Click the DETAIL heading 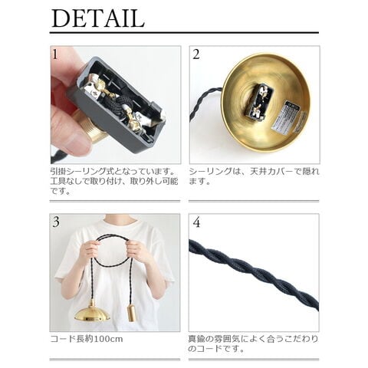click(98, 18)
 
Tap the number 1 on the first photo click(55, 54)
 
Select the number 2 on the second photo click(196, 54)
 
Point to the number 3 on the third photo click(56, 222)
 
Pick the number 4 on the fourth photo click(196, 223)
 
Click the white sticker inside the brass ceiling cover click(286, 118)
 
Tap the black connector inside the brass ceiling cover click(261, 103)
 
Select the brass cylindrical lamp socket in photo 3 click(131, 312)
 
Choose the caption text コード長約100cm click(87, 339)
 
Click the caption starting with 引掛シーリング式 click(114, 181)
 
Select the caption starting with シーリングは click(254, 176)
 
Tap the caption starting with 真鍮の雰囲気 click(254, 343)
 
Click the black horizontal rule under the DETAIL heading click(184, 33)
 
